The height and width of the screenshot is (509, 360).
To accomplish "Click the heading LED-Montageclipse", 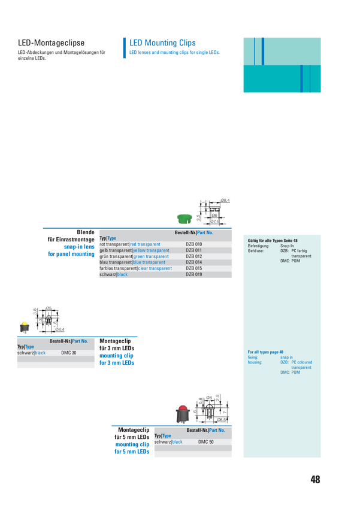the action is tap(51, 43).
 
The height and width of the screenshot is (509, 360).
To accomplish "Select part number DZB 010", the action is tap(194, 244).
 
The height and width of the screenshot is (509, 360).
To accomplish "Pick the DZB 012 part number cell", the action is tap(194, 256).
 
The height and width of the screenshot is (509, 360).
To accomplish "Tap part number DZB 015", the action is tap(194, 268).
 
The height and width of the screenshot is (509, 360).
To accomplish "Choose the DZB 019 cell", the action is tap(194, 274).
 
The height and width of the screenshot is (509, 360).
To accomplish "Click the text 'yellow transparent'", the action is tap(151, 250).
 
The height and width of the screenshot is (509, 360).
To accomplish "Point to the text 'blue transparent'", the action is tap(149, 262).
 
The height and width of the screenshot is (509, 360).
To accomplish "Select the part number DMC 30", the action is tap(69, 353).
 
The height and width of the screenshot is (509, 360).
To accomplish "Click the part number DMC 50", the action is tap(206, 442).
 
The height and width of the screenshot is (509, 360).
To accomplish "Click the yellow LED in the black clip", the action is tap(25, 327).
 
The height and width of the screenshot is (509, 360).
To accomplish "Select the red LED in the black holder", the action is tap(182, 413).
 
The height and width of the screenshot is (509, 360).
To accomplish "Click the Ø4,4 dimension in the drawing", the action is tap(59, 329).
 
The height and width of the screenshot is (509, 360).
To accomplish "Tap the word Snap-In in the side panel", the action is tap(286, 246).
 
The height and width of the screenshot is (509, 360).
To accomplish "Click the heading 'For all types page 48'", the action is tap(265, 352).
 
